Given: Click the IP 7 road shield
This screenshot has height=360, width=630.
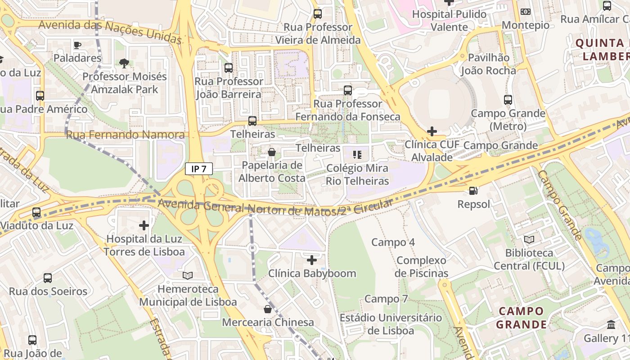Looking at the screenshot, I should [198, 169].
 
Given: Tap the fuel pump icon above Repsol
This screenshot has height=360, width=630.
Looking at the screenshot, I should [473, 191].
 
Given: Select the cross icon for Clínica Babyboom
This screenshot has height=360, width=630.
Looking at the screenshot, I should [311, 260].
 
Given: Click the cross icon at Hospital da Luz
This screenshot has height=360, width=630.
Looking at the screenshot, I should [144, 225].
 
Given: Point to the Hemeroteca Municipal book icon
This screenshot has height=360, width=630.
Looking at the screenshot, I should [188, 275].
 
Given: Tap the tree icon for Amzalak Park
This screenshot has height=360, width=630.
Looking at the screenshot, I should [124, 63].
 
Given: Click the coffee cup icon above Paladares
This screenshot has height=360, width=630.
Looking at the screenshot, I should [77, 45].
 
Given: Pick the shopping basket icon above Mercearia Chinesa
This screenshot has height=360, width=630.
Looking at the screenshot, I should [268, 309].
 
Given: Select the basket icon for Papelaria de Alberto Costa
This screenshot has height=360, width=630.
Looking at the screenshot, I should [272, 152].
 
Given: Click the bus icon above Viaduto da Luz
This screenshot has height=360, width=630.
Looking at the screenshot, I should [36, 212].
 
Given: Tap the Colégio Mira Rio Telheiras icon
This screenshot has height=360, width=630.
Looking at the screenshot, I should [357, 155].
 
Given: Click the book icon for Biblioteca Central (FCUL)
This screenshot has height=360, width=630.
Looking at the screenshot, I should [529, 239].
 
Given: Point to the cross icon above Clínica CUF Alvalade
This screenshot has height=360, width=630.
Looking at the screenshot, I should [432, 131].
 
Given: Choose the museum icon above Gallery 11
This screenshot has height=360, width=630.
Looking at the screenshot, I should [611, 324].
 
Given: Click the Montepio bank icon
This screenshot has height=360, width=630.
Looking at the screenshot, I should [525, 12].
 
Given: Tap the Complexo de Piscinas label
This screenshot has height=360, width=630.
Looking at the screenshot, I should [421, 266].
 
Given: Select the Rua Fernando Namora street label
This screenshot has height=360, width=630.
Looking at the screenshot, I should [125, 135].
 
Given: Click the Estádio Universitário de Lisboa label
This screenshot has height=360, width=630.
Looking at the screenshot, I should [391, 324].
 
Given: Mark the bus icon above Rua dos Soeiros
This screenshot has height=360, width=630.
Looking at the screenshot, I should [48, 278].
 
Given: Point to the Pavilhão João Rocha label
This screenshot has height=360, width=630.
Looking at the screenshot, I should [488, 64].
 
